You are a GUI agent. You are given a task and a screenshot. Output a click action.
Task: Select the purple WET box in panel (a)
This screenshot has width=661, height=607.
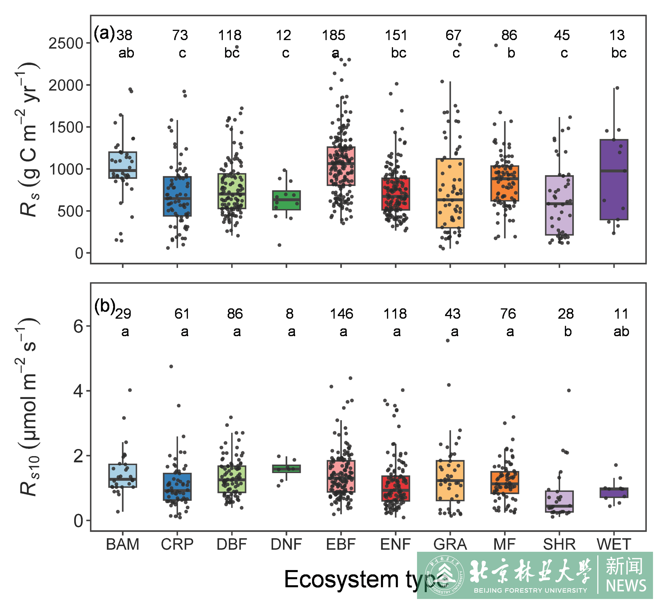(614, 179)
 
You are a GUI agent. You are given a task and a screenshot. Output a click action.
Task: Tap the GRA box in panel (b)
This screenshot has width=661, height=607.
(450, 480)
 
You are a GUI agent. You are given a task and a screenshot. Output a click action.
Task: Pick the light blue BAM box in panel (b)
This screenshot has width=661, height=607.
(123, 476)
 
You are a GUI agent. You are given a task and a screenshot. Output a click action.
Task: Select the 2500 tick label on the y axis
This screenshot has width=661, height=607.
(66, 43)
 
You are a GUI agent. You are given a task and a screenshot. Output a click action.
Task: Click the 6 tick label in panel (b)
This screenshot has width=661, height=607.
(78, 327)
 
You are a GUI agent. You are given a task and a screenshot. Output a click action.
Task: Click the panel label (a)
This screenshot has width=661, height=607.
(104, 33)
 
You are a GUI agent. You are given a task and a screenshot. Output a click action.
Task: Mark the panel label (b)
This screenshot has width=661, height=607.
(105, 306)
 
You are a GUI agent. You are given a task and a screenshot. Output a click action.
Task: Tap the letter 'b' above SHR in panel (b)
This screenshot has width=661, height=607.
(568, 332)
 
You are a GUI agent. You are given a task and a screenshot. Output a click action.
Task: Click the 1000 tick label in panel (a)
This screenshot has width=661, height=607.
(66, 170)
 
